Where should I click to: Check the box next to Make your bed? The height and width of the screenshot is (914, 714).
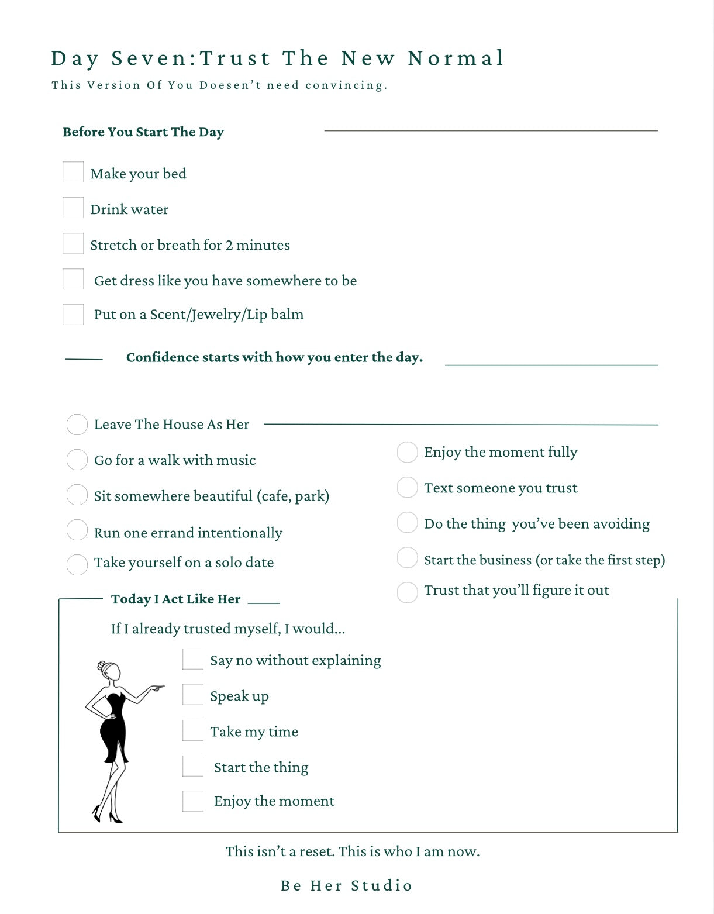point(73,173)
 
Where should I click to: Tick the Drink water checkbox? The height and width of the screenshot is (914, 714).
point(73,208)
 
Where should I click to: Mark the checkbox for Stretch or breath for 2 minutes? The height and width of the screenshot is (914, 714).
point(73,244)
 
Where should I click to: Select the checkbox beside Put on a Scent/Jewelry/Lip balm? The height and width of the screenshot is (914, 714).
point(73,315)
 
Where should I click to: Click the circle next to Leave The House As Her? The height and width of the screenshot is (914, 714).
point(77,425)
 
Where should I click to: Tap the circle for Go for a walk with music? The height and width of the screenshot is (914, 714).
point(77,460)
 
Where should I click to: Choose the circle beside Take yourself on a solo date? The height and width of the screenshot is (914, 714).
point(77,565)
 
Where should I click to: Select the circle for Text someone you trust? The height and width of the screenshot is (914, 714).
point(407,487)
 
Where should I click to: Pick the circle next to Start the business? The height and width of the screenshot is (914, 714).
point(407,558)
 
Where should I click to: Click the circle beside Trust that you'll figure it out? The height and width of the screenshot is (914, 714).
point(407,592)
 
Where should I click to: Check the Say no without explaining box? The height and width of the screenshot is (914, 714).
point(193,659)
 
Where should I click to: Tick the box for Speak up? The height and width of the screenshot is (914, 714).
point(193,695)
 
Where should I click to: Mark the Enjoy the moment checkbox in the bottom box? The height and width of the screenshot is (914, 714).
point(193,801)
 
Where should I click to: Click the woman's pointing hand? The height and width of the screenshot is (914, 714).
point(156,688)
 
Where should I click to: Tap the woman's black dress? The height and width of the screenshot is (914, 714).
point(112,728)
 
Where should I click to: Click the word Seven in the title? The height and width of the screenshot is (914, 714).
point(149,58)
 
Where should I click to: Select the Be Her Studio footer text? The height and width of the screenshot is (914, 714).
point(347,885)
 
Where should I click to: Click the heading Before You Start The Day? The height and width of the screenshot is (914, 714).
point(143,132)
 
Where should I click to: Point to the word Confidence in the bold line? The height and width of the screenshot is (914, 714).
point(161,357)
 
